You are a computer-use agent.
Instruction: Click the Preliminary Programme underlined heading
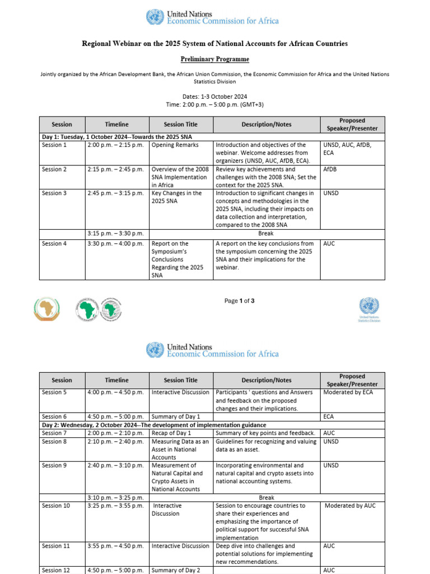[x=215, y=59]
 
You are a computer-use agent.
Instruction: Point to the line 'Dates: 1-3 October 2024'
[x=215, y=96]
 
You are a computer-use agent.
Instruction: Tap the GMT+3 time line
[x=215, y=105]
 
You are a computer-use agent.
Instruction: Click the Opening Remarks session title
[x=175, y=145]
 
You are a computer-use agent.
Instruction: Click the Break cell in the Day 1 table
[x=266, y=233]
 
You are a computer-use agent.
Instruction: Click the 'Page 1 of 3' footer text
[x=239, y=301]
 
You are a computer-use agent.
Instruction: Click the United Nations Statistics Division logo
[x=368, y=309]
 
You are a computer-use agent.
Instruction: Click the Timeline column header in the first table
[x=116, y=124]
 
